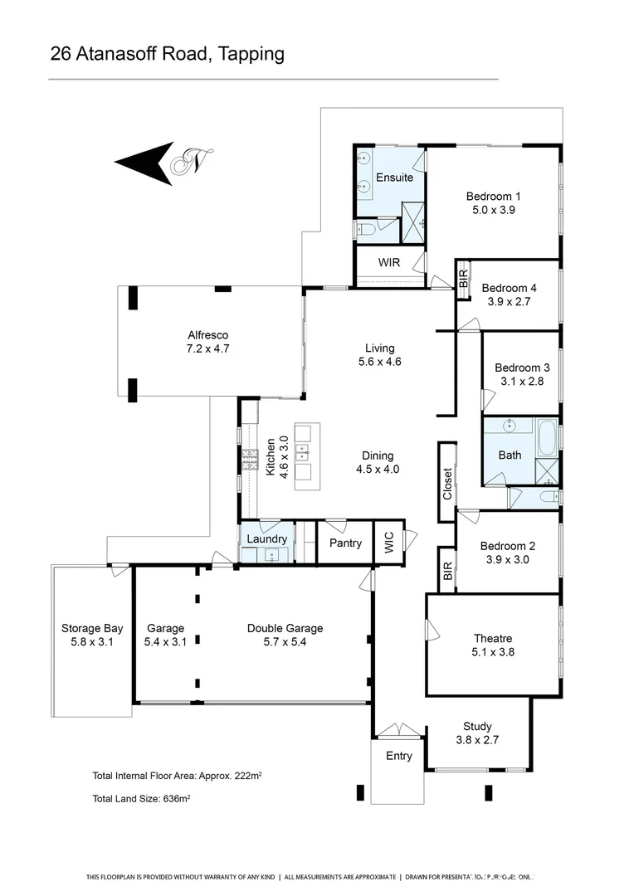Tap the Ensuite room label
click(x=394, y=178)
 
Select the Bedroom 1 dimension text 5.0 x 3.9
click(x=493, y=210)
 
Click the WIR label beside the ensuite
click(x=389, y=262)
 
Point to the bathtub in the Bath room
click(x=548, y=438)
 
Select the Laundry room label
click(x=267, y=539)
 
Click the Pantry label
click(x=345, y=543)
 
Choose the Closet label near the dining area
click(x=447, y=483)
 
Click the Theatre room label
click(x=493, y=639)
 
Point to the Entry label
click(x=399, y=757)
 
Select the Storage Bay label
click(x=92, y=628)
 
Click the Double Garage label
click(x=285, y=628)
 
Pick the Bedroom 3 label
click(x=522, y=368)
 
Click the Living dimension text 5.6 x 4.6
click(x=378, y=362)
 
